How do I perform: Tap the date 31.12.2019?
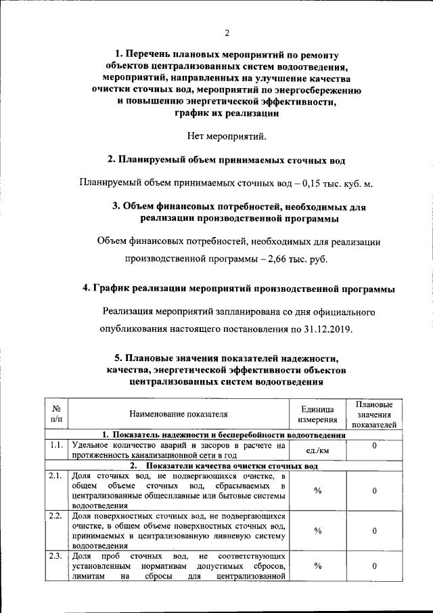(x=325, y=329)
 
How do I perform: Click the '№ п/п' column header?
(x=57, y=415)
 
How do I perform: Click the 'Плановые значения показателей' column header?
(x=374, y=415)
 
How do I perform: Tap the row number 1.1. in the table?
(x=57, y=446)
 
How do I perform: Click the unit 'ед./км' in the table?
(x=317, y=450)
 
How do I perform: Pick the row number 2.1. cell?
(x=57, y=477)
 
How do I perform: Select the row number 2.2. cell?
(x=57, y=516)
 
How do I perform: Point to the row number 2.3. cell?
(x=57, y=556)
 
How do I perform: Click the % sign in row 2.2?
(x=317, y=530)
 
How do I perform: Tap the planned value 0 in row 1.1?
(x=374, y=446)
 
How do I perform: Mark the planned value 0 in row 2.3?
(x=374, y=566)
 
